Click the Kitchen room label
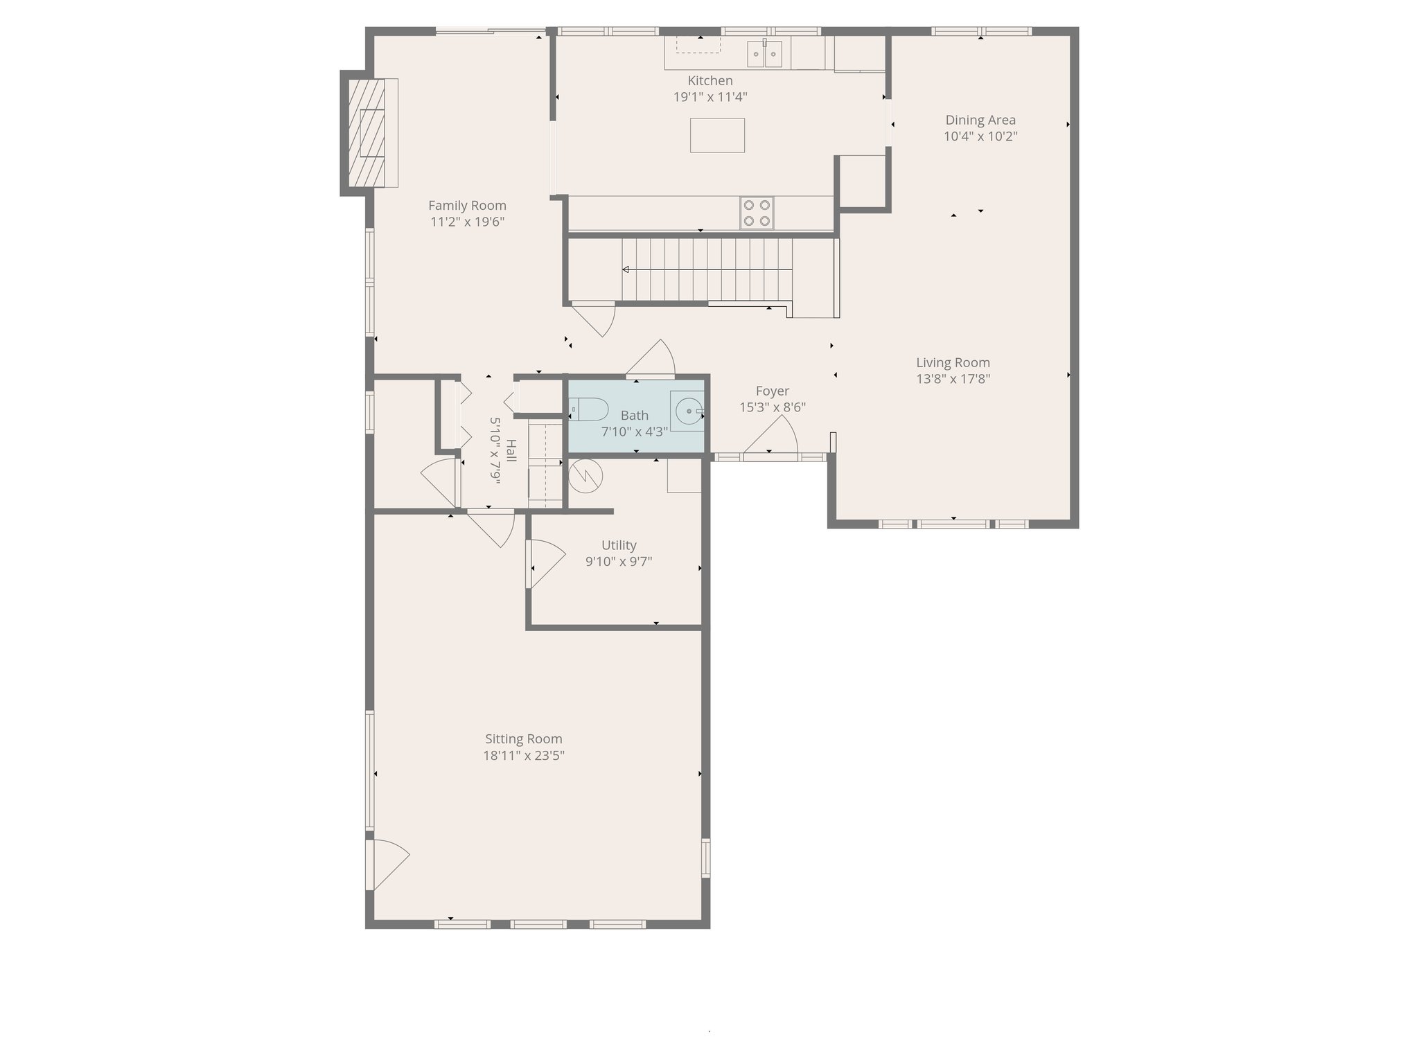click(710, 81)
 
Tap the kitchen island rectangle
click(717, 135)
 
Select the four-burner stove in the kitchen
click(757, 213)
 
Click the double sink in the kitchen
click(764, 53)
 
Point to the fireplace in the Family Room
click(367, 132)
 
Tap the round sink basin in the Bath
click(687, 411)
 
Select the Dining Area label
click(980, 121)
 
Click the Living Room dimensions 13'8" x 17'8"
click(953, 379)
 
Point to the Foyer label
click(773, 391)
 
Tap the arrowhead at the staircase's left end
click(626, 269)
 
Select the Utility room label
click(619, 545)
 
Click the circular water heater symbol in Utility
click(585, 477)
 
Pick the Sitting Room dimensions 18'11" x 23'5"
click(524, 756)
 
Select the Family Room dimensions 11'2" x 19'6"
click(467, 222)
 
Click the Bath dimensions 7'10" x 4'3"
click(634, 432)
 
